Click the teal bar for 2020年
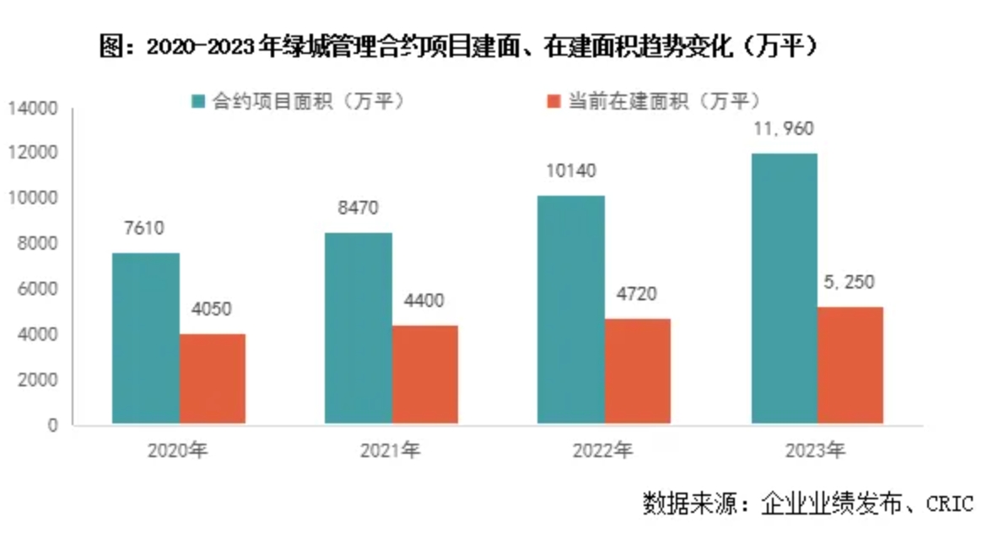pyautogui.click(x=145, y=338)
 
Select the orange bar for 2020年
pyautogui.click(x=212, y=379)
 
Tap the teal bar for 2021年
pyautogui.click(x=358, y=328)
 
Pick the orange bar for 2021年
pyautogui.click(x=424, y=375)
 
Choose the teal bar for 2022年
pyautogui.click(x=571, y=310)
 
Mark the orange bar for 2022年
pyautogui.click(x=637, y=371)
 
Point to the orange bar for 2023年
pyautogui.click(x=850, y=365)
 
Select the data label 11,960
pyautogui.click(x=784, y=129)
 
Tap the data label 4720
pyautogui.click(x=637, y=294)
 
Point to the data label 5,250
pyautogui.click(x=850, y=283)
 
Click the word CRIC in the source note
pyautogui.click(x=949, y=504)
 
